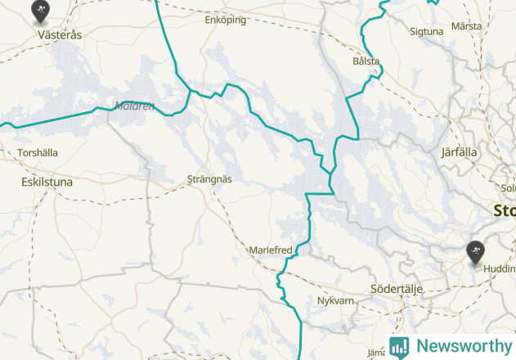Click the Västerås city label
(60, 35)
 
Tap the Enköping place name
(225, 20)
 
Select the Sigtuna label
(425, 32)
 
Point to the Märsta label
(466, 26)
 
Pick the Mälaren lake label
(134, 106)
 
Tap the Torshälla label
(38, 152)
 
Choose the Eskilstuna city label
(47, 182)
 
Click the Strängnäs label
(210, 178)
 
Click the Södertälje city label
(397, 289)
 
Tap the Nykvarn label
(335, 301)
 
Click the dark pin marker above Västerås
(39, 11)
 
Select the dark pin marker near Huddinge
(475, 252)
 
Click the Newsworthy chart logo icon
(399, 346)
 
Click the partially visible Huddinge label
(499, 268)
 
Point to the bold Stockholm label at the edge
(504, 210)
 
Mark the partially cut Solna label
(508, 189)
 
